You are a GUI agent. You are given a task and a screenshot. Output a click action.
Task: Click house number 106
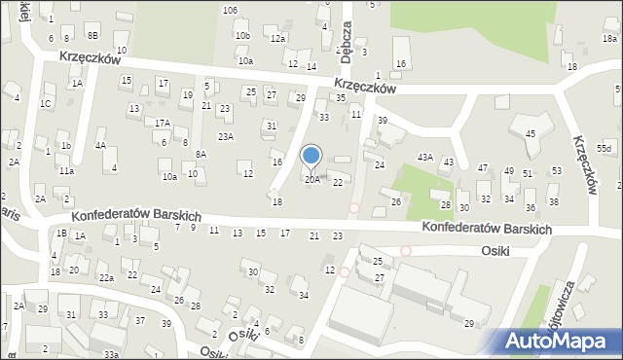230,10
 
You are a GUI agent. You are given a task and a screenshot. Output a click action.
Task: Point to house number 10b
242,36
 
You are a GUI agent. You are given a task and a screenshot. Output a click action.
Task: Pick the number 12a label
277,38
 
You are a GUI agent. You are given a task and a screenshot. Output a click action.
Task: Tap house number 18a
609,38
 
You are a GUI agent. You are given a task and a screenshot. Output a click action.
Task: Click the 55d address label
605,147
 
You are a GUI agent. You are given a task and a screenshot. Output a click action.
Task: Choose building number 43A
425,157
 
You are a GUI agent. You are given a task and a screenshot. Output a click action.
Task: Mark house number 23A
226,137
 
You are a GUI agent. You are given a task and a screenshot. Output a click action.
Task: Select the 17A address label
162,124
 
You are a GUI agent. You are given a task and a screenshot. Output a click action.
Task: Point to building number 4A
100,145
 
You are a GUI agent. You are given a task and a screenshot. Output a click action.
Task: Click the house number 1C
46,103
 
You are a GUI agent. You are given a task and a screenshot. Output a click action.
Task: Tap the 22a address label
106,278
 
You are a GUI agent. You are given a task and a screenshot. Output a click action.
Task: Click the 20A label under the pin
311,179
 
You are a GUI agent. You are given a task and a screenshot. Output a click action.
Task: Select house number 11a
66,170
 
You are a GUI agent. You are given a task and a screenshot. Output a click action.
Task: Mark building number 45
530,133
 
